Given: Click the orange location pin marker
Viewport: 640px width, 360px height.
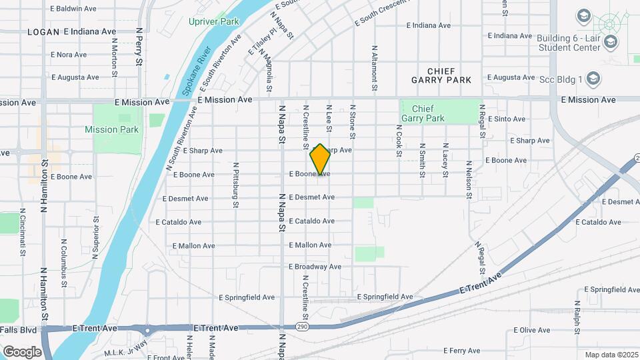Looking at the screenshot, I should pos(320,160).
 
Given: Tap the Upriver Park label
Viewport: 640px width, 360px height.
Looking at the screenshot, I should pos(213,22).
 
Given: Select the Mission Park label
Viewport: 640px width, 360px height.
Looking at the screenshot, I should pos(112,130).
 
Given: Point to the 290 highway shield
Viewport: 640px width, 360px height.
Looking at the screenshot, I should pos(301,327).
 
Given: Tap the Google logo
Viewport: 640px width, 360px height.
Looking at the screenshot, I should pos(23,351).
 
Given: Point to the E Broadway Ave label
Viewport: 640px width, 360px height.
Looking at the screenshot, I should pos(315,267).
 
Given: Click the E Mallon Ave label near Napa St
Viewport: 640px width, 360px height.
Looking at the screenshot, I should pos(309,245).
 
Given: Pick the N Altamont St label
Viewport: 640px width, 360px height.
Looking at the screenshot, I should pos(375,68).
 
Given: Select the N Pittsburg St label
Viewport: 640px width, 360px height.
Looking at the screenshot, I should pos(235,185).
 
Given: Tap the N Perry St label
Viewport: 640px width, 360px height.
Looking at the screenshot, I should pos(139,47).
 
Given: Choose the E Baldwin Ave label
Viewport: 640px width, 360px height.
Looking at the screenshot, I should pos(73,9).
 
